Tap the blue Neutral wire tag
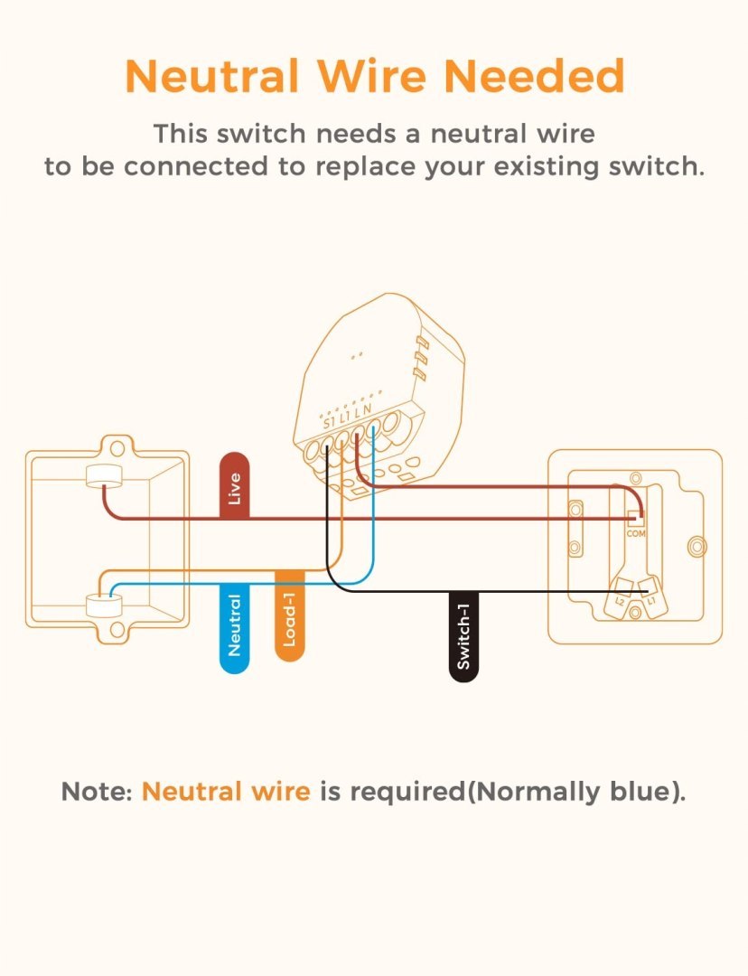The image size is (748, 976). coord(234,627)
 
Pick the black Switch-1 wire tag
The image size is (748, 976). coord(463,636)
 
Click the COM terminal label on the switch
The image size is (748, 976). coord(636,534)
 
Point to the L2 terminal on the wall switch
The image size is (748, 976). coord(620,601)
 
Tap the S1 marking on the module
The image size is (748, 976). coord(328,422)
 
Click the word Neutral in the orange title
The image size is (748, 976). coord(212,77)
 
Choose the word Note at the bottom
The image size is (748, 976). coord(96,793)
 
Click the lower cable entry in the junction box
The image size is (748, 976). coord(104,604)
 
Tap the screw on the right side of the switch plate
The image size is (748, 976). coord(696,547)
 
